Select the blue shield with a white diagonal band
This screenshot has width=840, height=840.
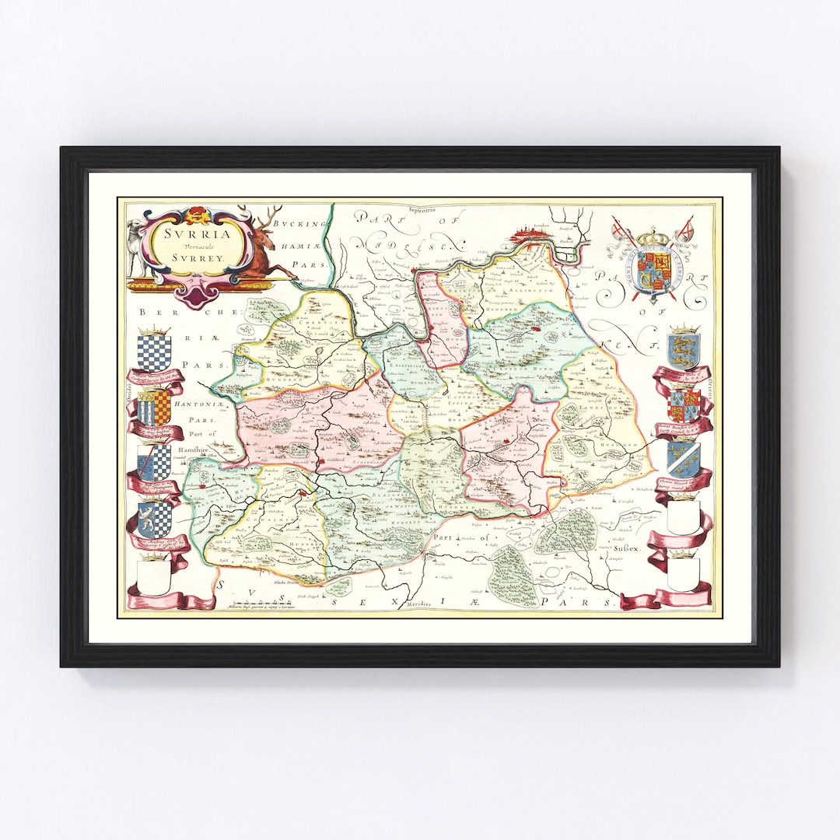(683, 459)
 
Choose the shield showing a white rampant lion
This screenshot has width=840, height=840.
(154, 519)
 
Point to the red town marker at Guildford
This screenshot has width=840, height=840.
(319, 464)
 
